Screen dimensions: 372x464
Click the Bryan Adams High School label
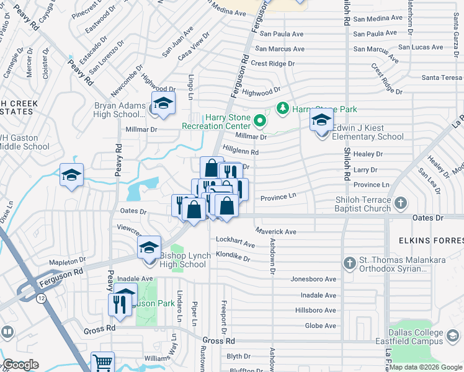pos(120,110)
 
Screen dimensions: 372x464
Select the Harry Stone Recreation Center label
pos(216,122)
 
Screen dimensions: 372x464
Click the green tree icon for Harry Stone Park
pos(283,109)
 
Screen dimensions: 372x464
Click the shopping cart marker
pos(102,363)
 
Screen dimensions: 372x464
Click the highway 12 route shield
pos(41,298)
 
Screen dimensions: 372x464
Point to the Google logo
pos(20,365)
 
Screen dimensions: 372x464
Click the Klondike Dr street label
pos(233,255)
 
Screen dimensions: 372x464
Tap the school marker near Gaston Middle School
pos(71,176)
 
